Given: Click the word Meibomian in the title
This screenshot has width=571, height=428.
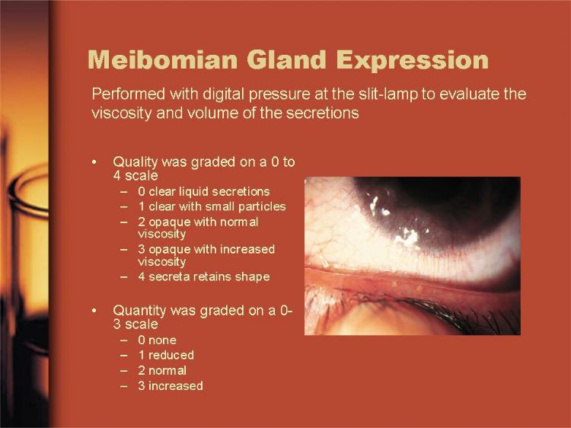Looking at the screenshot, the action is [x=162, y=59].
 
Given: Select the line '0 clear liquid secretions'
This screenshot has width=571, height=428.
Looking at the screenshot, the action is [x=204, y=192].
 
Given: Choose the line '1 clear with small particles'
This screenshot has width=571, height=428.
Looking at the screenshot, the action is [x=212, y=206].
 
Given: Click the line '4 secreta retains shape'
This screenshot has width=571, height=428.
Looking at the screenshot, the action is [x=204, y=277].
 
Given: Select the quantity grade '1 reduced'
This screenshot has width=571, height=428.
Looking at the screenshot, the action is [x=166, y=355].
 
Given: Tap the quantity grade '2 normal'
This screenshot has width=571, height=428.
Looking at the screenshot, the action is [x=162, y=370].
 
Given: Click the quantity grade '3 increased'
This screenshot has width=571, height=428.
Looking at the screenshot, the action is [x=171, y=386].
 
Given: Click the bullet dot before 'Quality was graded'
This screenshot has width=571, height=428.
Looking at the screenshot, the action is [x=94, y=161].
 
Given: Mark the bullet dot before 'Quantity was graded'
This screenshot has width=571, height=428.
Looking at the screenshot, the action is [x=94, y=311].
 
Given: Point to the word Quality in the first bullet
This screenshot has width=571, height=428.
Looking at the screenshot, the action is [x=135, y=161].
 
